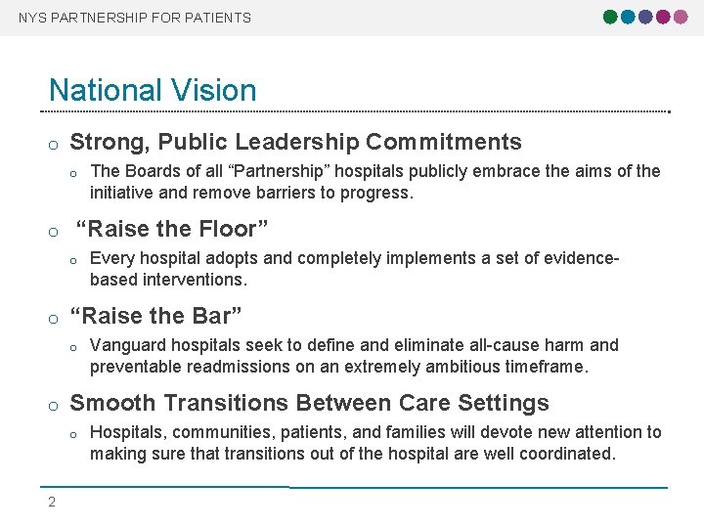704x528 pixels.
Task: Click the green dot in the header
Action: tap(611, 17)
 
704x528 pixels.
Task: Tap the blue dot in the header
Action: tap(629, 17)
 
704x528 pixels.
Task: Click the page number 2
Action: tap(52, 503)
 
